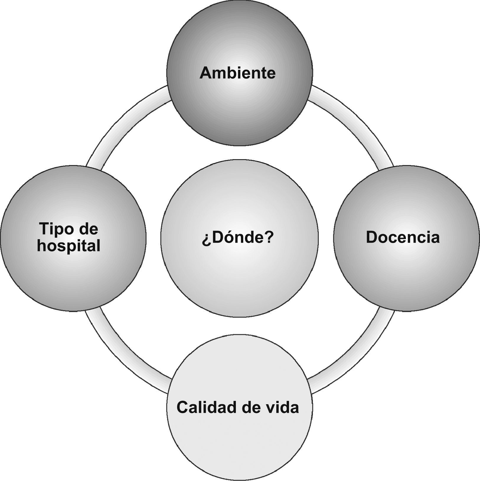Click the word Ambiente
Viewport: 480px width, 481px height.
click(238, 73)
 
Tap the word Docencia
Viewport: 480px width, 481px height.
click(403, 237)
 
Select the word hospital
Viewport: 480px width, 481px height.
click(69, 246)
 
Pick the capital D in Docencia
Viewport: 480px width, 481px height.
click(372, 237)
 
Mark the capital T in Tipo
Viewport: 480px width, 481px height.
click(44, 229)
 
